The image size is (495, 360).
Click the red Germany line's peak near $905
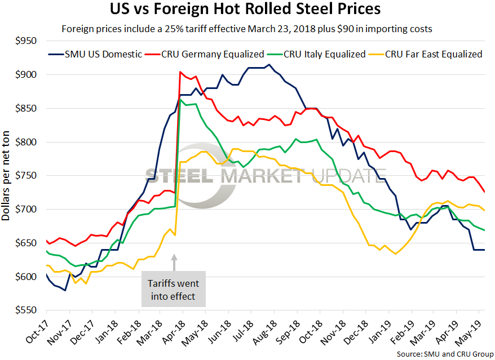pyautogui.click(x=180, y=72)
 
